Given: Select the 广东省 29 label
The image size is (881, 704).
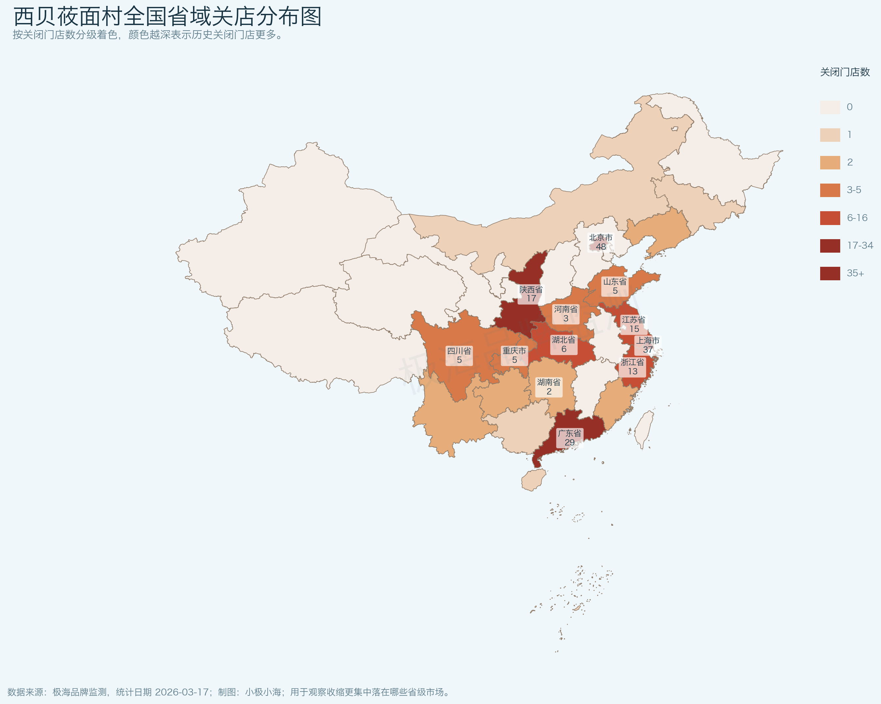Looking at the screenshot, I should (569, 438).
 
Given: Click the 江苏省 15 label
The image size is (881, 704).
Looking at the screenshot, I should (633, 324).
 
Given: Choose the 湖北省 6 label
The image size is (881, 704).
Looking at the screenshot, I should (564, 344).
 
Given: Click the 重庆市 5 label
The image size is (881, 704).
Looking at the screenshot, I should (514, 355).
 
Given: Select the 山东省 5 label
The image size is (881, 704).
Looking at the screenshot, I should (615, 286).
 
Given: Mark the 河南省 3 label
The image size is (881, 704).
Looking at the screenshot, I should (566, 314).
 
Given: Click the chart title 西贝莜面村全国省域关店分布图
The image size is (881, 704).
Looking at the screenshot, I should (167, 17).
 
